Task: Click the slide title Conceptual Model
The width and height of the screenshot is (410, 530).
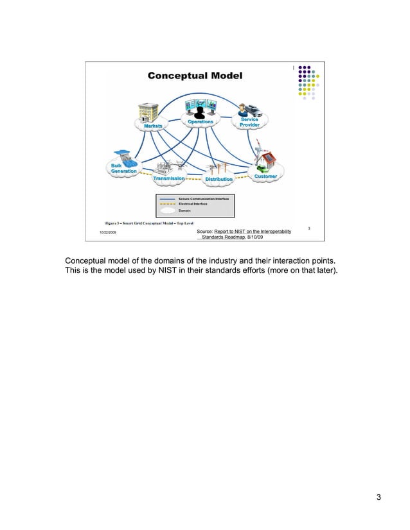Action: coord(195,76)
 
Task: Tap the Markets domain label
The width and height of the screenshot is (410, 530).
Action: coord(148,126)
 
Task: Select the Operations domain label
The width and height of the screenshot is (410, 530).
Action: coord(201,122)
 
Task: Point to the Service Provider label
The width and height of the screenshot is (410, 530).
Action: coord(250,122)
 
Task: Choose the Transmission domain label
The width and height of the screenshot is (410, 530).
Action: coord(169,178)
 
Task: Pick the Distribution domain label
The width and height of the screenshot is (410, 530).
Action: coord(218,179)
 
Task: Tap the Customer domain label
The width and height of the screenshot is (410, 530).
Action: coord(265,176)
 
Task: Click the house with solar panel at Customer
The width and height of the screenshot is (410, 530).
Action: coord(267,158)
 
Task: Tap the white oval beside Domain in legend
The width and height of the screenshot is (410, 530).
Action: coord(168,210)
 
